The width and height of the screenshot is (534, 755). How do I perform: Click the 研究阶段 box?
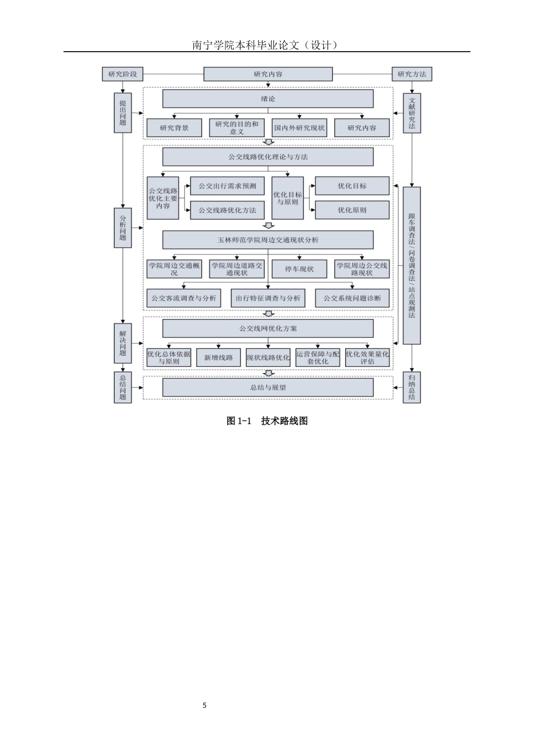coord(123,74)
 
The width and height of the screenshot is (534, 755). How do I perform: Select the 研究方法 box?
coord(411,74)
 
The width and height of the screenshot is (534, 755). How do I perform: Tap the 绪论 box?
coord(268,99)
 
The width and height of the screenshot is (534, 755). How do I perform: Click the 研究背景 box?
coord(174,128)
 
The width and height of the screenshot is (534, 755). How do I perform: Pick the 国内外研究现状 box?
coord(299,128)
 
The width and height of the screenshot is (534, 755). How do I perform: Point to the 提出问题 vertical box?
coord(123,113)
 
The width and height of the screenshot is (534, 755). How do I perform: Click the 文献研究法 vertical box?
coord(412,113)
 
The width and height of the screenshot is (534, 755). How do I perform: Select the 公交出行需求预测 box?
coord(227,186)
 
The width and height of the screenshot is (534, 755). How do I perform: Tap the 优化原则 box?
coord(352,210)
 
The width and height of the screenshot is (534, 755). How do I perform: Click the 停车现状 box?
coord(299,269)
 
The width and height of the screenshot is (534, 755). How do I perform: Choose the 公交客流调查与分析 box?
coord(184,298)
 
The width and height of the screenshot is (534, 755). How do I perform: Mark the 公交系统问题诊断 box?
coord(352,298)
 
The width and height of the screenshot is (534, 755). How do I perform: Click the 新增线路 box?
coord(218,358)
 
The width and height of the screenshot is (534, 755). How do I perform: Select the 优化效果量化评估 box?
coord(368,358)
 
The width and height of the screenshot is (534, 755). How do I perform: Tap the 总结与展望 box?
coord(268,387)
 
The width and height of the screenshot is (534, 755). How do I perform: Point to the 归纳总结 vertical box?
coord(412,387)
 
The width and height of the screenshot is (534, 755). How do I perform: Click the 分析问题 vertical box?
coord(123,228)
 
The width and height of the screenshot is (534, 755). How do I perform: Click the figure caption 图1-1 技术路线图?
coord(267,421)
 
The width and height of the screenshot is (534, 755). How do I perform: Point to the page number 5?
coord(205,705)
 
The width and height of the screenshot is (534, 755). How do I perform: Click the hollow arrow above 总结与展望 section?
coord(269,373)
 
